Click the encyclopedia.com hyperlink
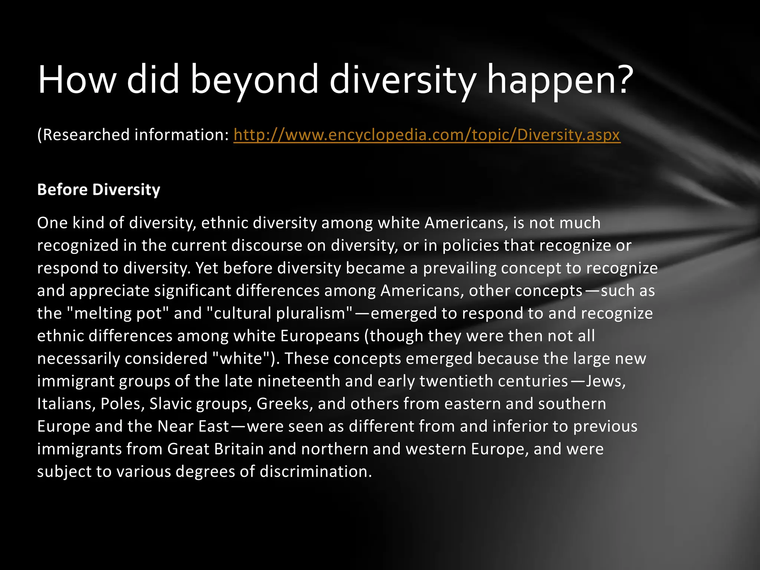pyautogui.click(x=427, y=135)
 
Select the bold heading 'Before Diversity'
pyautogui.click(x=99, y=190)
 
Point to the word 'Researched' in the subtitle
pyautogui.click(x=86, y=135)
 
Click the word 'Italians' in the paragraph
pyautogui.click(x=64, y=404)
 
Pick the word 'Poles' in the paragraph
pyautogui.click(x=121, y=404)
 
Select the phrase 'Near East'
pyautogui.click(x=193, y=426)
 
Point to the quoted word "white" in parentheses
pyautogui.click(x=241, y=358)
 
